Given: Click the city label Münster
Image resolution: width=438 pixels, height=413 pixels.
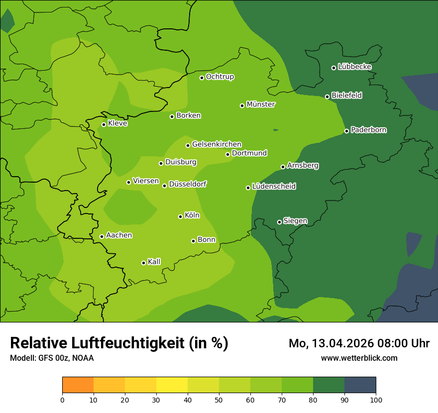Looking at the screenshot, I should click(x=261, y=104).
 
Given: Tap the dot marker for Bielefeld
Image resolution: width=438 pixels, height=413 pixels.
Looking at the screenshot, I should click(x=327, y=97).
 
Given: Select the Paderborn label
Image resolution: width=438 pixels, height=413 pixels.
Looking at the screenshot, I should click(x=369, y=130).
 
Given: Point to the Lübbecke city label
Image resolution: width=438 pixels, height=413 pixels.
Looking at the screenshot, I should click(x=354, y=67).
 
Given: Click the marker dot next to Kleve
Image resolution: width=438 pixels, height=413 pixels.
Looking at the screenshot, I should click(x=104, y=124).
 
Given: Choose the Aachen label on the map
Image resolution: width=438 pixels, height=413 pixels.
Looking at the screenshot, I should click(x=119, y=235).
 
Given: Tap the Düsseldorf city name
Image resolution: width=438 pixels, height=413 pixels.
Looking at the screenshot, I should click(x=188, y=184).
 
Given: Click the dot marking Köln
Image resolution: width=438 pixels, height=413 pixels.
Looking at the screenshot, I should click(x=180, y=216).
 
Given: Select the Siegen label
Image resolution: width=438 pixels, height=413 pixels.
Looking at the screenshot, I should click(x=295, y=221).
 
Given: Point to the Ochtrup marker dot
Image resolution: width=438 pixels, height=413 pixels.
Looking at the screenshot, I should click(x=202, y=78).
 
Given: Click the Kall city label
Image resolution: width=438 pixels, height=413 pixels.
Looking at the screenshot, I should click(x=154, y=262).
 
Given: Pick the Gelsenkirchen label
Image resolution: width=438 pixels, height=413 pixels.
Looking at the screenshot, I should click(x=217, y=144).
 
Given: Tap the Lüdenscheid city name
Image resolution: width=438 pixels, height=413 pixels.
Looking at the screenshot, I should click(x=274, y=187).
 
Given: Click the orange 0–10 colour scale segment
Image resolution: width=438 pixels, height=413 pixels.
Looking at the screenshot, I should click(x=78, y=385).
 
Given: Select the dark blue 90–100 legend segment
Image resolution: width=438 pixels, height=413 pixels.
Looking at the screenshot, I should click(x=360, y=385).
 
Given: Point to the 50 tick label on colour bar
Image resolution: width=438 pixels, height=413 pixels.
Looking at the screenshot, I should click(x=219, y=400).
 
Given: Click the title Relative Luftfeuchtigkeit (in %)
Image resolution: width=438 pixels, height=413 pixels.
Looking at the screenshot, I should click(x=119, y=343).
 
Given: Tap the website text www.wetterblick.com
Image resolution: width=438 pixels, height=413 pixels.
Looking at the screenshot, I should click(x=359, y=358).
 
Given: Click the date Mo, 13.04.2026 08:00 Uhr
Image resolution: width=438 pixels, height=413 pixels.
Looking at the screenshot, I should click(x=359, y=343).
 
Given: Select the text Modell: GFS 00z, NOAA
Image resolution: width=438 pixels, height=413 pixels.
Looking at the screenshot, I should click(x=52, y=358).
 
